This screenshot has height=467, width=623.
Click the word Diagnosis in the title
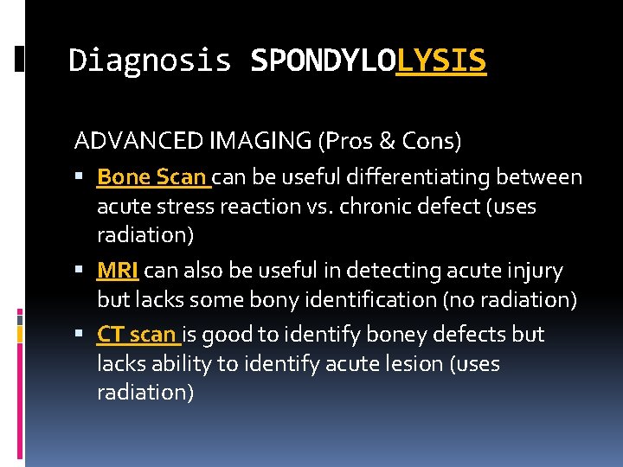[150, 61]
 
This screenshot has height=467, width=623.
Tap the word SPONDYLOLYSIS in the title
[368, 61]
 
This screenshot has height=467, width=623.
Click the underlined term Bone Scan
[151, 177]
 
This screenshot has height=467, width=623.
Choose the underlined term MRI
[117, 271]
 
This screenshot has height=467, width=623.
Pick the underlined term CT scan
[137, 334]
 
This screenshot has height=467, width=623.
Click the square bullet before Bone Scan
[80, 178]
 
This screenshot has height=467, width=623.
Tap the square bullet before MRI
[80, 272]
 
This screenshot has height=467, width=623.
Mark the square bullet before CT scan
[80, 335]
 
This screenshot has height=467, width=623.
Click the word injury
[536, 271]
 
